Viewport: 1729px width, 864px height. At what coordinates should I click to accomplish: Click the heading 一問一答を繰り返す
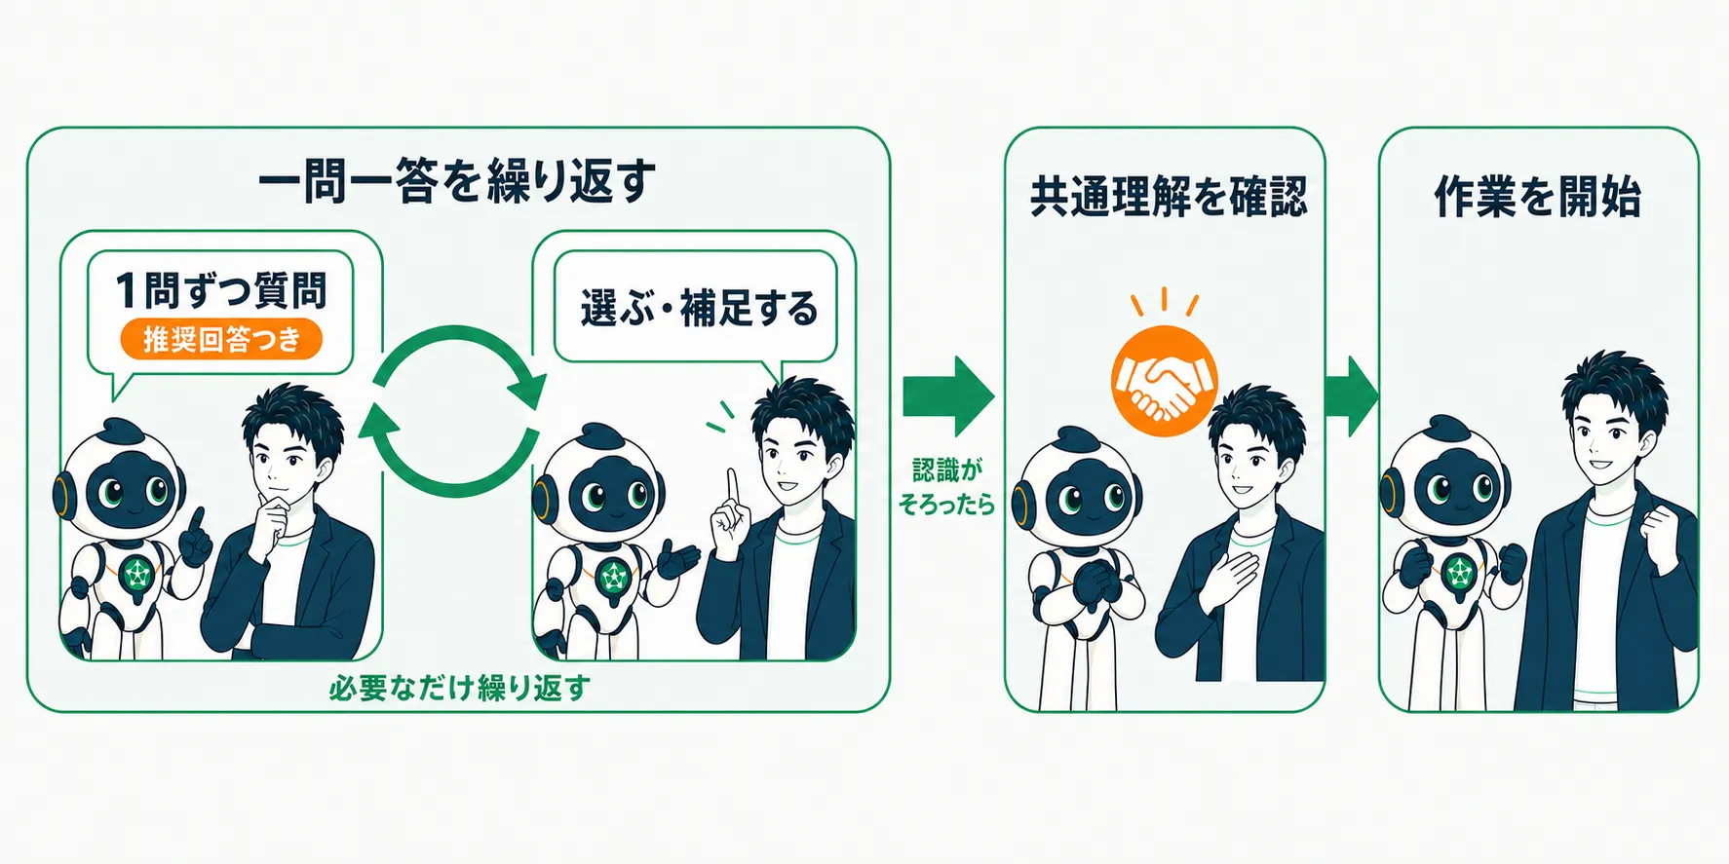click(457, 181)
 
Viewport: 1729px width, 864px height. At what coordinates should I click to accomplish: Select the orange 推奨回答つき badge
click(221, 339)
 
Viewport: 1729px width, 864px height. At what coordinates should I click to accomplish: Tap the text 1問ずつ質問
click(221, 289)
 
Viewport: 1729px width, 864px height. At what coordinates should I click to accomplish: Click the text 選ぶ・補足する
click(699, 308)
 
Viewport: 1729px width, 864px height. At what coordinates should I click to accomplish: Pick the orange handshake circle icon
click(1165, 380)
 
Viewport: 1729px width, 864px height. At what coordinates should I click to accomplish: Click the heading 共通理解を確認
click(1168, 196)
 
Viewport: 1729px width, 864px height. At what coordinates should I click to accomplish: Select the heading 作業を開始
click(1537, 196)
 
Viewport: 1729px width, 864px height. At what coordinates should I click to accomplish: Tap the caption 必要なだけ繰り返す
click(459, 688)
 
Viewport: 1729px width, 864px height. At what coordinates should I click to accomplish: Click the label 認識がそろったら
click(946, 486)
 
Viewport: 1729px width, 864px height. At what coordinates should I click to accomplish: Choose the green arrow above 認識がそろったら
click(948, 396)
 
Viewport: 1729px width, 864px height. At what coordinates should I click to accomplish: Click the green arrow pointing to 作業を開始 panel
click(1352, 396)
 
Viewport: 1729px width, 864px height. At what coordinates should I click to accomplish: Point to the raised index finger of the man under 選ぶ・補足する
click(733, 487)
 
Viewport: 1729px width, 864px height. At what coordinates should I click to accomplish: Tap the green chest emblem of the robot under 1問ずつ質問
click(135, 575)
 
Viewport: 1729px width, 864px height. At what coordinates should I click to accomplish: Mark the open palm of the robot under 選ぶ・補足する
click(679, 559)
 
